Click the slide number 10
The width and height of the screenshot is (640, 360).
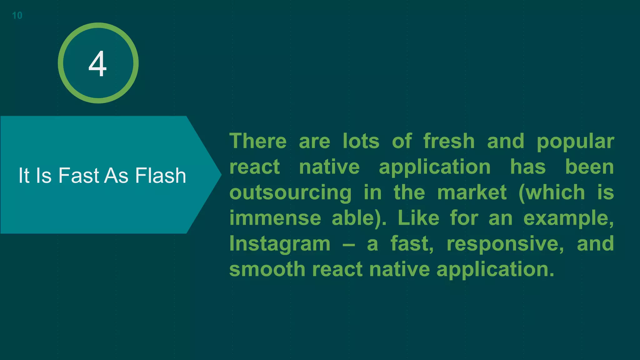coord(17,15)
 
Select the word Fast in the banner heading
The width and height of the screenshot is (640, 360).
coord(79,175)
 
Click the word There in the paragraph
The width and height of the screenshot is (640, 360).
coord(258,141)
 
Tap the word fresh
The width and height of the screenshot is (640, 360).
coord(449,141)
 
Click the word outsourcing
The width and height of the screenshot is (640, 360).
coord(290,193)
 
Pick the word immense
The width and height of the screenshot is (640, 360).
coord(275,218)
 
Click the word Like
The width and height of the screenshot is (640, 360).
coord(418,218)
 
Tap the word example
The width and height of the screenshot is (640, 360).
coord(568,218)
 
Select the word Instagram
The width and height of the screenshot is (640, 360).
coord(280,244)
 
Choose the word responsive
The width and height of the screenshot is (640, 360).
coord(505,244)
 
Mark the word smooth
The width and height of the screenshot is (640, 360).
coord(267,269)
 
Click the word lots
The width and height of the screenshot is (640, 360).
coord(361,141)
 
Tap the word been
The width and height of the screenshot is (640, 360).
coord(589,167)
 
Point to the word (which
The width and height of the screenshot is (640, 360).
coord(552,192)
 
